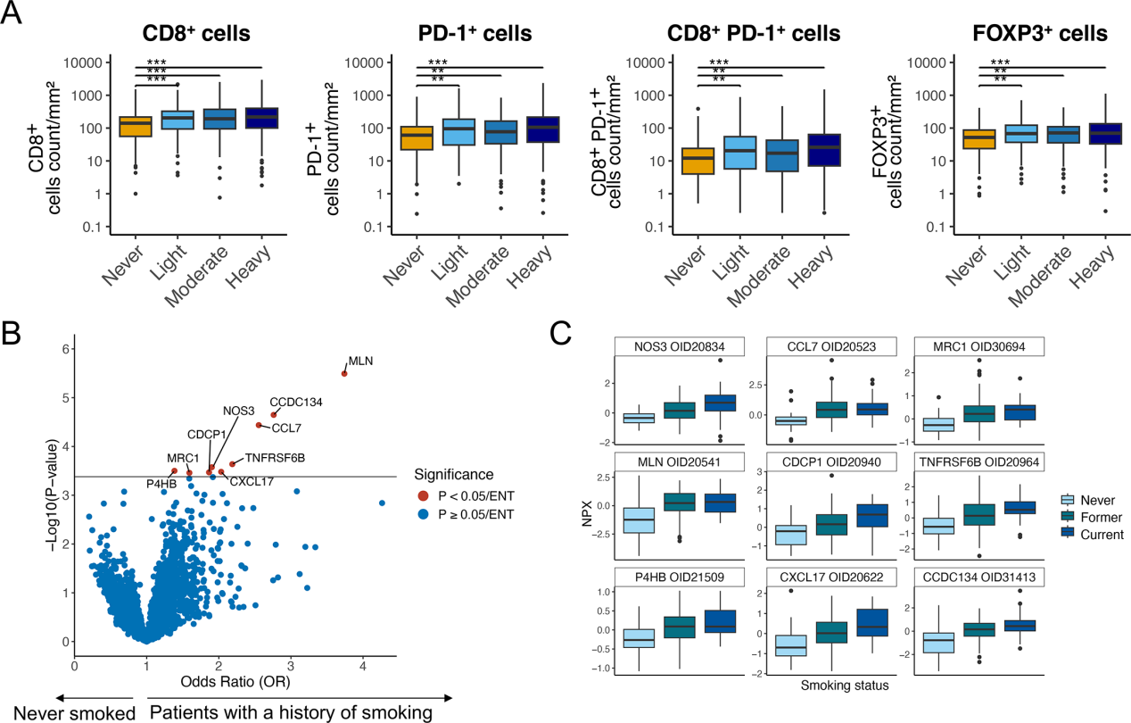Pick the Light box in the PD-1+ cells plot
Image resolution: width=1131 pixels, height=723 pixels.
tap(458, 131)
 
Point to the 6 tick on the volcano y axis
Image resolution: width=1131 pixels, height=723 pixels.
tap(63, 349)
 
